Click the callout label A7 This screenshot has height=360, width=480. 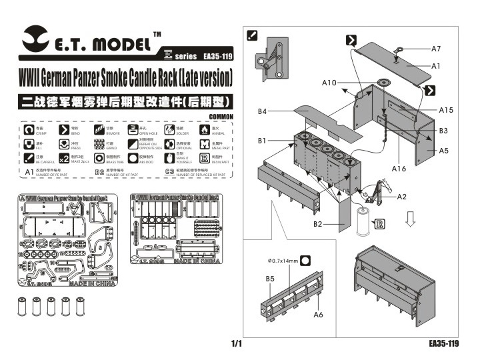[x=437, y=49]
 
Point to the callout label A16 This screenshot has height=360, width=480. [x=399, y=169]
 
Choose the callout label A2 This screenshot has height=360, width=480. [x=401, y=197]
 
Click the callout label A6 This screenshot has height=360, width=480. [x=318, y=314]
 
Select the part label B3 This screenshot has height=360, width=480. [x=443, y=130]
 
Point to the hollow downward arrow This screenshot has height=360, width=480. [x=412, y=219]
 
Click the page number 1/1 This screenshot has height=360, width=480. [x=237, y=344]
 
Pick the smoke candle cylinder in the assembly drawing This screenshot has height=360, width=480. [x=362, y=221]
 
